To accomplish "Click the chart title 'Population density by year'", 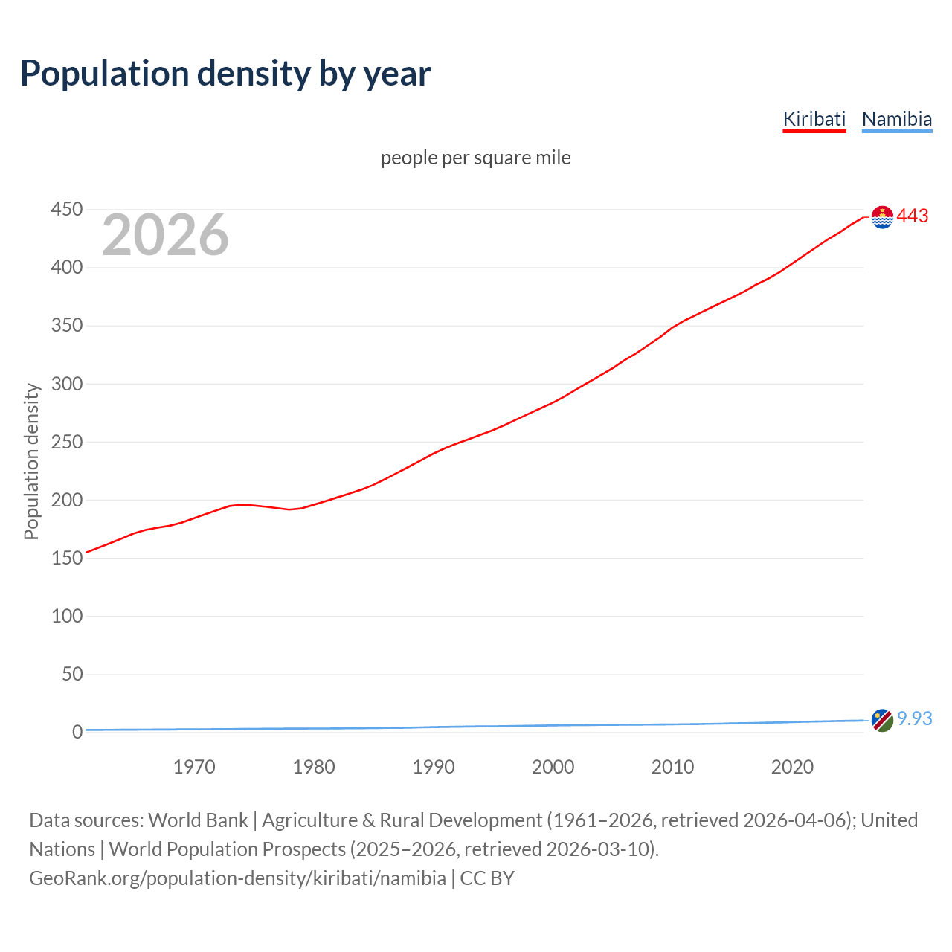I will tap(225, 74).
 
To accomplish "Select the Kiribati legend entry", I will tap(814, 119).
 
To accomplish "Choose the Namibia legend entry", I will tap(896, 119).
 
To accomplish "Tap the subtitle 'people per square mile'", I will tap(475, 158).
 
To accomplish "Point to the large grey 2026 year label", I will tap(165, 235).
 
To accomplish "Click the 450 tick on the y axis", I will tap(66, 210).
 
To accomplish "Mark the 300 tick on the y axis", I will tap(66, 384).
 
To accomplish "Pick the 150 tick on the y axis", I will tap(66, 558).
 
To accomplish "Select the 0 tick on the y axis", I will tap(77, 732).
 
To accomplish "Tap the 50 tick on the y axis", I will tap(71, 674).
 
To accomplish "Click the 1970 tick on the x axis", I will tap(194, 767).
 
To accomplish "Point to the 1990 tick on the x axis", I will tap(434, 767).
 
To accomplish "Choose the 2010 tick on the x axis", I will tap(672, 767).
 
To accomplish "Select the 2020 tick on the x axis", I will tap(792, 767).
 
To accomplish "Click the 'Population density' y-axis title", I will tap(31, 461).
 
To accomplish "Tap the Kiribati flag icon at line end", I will tap(882, 217).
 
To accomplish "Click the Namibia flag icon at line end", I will tap(882, 720).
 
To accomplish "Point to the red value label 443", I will tap(913, 216).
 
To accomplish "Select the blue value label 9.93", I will tap(914, 719).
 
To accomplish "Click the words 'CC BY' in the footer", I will tap(487, 878).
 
